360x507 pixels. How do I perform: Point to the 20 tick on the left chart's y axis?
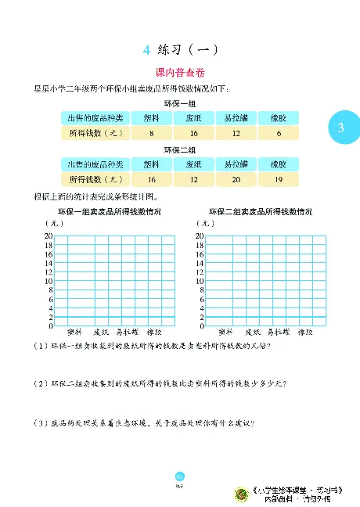pos(48,236)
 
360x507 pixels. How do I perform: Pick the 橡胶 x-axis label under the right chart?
pos(305,331)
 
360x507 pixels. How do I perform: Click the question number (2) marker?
pos(38,384)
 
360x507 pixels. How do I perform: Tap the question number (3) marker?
pos(38,423)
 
